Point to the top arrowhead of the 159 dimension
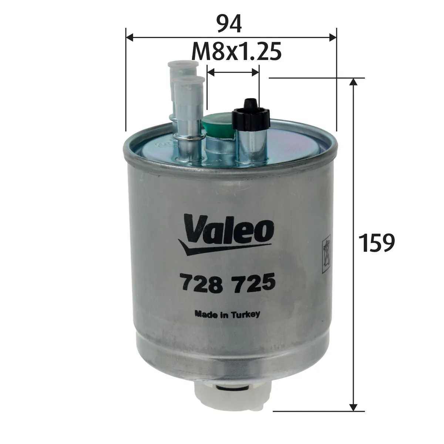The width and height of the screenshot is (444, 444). [354, 82]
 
